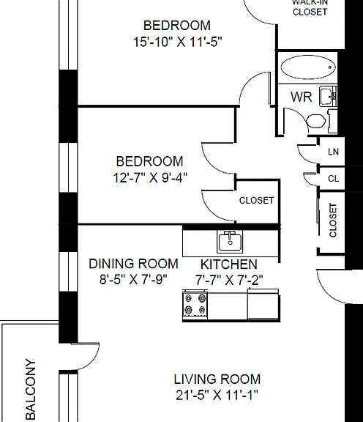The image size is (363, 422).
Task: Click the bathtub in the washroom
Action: [308, 67]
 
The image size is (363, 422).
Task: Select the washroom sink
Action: [328, 97]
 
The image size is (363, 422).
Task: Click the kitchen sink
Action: [230, 242]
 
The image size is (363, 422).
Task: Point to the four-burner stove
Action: [195, 304]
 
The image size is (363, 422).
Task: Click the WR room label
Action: [302, 97]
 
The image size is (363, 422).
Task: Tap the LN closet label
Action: [334, 152]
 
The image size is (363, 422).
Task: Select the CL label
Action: [334, 179]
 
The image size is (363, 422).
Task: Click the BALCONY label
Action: [31, 390]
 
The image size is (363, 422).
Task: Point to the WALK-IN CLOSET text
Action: [310, 7]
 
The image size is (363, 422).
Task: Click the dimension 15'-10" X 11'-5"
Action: [178, 42]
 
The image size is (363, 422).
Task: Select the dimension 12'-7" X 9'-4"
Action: [150, 178]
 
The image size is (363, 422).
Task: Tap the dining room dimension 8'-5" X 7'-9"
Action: [133, 280]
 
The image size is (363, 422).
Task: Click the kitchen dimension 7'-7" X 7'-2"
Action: [229, 280]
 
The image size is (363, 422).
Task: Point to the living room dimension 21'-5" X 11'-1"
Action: [217, 396]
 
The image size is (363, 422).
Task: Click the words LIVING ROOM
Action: [217, 380]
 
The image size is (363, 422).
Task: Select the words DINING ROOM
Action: [134, 264]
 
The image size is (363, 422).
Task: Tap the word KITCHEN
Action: [229, 264]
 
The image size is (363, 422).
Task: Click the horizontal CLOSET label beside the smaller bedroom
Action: [257, 200]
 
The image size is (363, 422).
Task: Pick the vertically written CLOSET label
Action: [333, 221]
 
